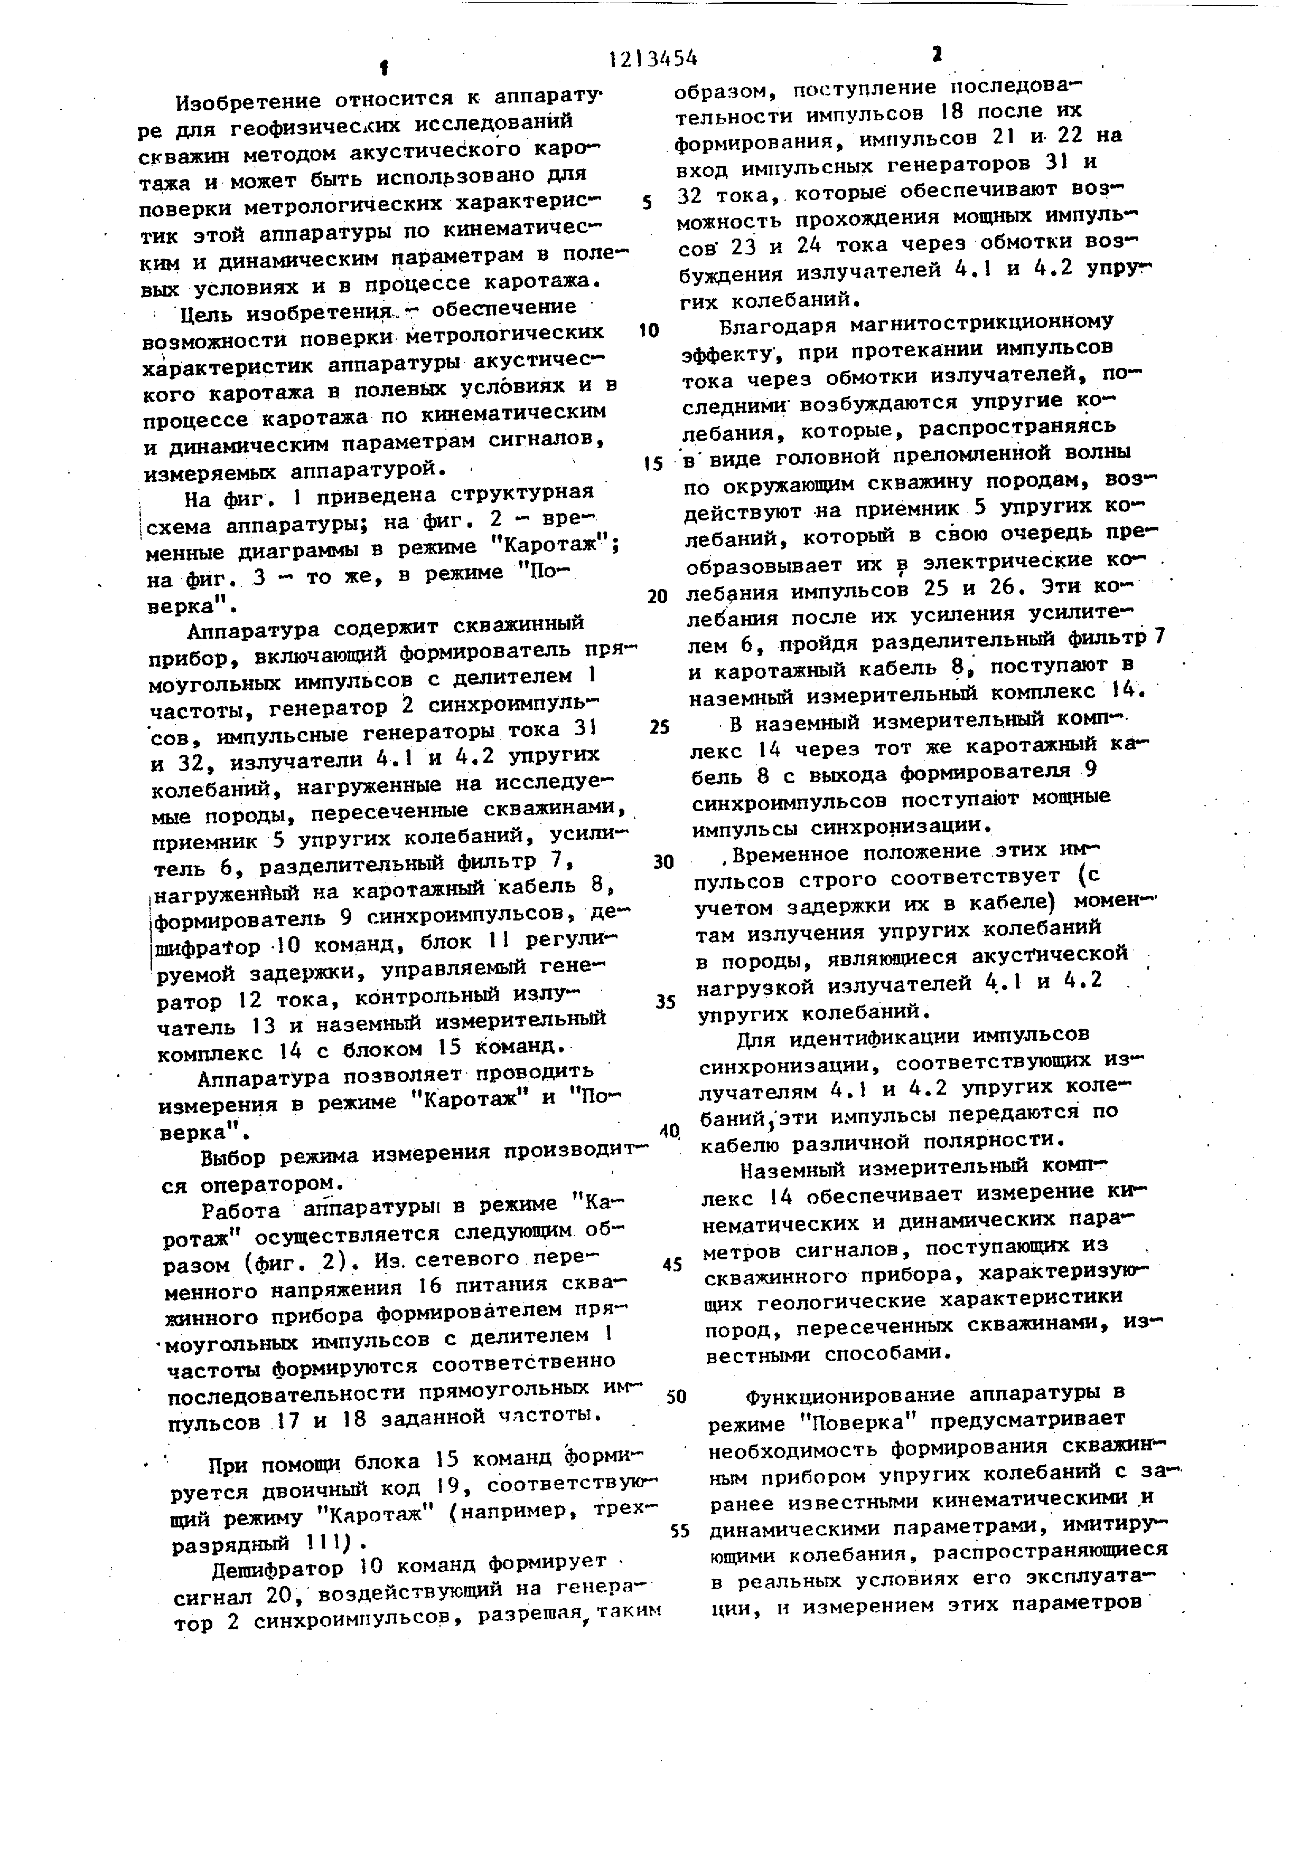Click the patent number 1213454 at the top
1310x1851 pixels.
coord(653,58)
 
